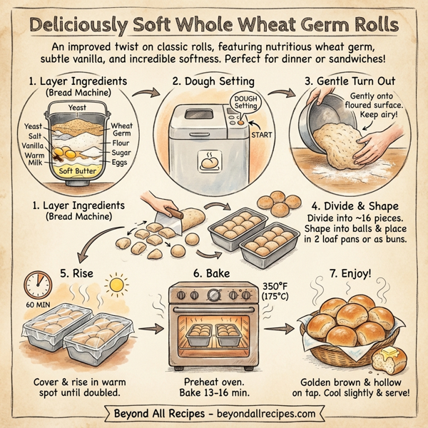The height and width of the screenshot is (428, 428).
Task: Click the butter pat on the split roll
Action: coord(390,355)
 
